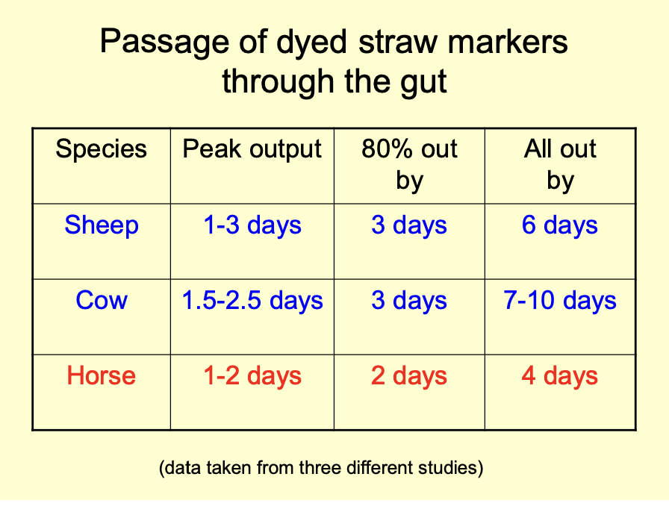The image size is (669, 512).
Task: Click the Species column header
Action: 102,149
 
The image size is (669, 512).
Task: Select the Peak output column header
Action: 252,149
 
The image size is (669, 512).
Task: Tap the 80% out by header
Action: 409,163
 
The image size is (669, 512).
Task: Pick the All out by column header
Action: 560,163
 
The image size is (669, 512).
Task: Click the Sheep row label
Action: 102,225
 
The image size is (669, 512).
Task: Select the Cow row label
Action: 102,301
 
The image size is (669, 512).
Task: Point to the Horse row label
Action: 102,375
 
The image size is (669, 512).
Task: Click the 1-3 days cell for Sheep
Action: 252,225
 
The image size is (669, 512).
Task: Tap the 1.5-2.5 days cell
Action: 252,301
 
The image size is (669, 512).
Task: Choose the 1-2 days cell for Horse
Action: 252,375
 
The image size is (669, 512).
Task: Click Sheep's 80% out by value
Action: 409,225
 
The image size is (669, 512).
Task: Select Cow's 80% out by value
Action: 409,301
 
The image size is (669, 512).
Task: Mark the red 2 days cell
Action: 409,375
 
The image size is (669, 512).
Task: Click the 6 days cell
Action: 560,225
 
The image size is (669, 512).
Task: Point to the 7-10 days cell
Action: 560,301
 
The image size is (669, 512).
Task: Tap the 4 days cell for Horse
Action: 560,375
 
